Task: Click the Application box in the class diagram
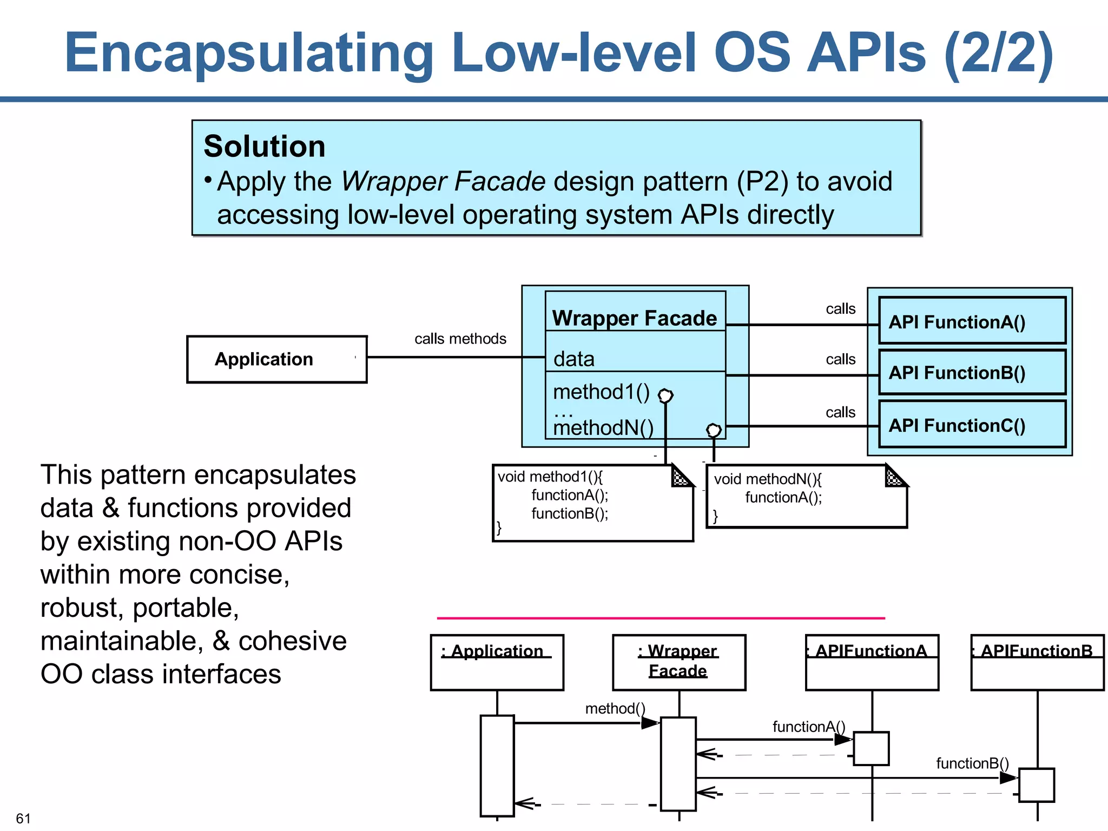[276, 359]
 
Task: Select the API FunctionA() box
[972, 321]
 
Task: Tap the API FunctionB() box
[972, 372]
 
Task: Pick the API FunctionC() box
[972, 425]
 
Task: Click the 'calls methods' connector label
[460, 339]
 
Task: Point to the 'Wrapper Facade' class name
[634, 318]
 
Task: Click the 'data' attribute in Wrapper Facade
[573, 359]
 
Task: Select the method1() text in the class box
[601, 392]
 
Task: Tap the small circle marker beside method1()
[665, 396]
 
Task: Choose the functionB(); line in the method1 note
[569, 513]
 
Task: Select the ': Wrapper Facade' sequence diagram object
[678, 662]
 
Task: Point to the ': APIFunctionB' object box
[1037, 662]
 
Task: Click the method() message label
[615, 708]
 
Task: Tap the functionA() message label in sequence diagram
[808, 727]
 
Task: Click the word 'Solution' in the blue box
[264, 147]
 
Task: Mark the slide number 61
[23, 817]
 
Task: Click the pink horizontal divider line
[660, 617]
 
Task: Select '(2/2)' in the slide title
[999, 53]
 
